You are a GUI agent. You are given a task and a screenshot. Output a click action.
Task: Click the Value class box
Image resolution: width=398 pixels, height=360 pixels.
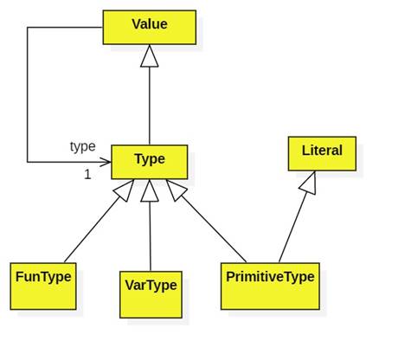[150, 28]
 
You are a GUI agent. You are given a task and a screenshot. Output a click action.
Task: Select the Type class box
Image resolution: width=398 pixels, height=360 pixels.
[150, 162]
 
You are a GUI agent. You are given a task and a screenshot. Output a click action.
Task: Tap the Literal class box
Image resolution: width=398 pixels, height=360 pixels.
[322, 153]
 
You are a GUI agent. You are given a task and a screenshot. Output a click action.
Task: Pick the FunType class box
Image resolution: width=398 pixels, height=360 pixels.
[43, 286]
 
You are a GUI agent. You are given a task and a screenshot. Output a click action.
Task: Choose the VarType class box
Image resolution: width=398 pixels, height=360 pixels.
[151, 294]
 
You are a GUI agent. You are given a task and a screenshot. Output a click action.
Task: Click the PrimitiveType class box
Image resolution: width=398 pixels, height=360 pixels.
[270, 286]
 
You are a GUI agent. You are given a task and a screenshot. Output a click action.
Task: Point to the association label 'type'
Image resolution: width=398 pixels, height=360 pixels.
[83, 146]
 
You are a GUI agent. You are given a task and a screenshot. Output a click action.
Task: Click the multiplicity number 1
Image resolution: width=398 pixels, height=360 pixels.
[87, 175]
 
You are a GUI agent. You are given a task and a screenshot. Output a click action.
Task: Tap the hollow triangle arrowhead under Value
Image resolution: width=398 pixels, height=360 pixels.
[150, 55]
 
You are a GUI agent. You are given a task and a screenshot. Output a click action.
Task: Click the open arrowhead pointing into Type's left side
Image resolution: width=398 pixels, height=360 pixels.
[106, 162]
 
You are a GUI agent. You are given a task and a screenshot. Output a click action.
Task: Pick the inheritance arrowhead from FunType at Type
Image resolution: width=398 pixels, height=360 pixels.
[125, 190]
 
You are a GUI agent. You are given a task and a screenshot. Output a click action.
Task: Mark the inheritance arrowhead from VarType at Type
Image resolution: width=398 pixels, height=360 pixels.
[150, 190]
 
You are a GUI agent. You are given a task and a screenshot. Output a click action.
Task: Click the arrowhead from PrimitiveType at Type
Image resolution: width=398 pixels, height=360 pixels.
[176, 190]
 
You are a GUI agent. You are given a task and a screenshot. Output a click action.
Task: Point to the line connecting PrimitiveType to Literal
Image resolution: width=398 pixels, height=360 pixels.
[293, 228]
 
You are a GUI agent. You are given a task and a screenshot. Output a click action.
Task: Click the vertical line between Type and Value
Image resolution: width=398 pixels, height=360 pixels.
[150, 106]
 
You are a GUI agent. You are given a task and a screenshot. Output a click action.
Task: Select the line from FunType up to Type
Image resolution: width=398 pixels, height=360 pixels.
[93, 229]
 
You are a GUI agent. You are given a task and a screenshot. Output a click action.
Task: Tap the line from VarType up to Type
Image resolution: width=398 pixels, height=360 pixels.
[150, 236]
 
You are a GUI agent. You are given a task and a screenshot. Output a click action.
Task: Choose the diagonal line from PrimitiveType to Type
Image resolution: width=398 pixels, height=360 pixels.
[214, 229]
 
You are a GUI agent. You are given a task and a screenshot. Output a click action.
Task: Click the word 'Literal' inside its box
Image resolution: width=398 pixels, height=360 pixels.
[322, 151]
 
